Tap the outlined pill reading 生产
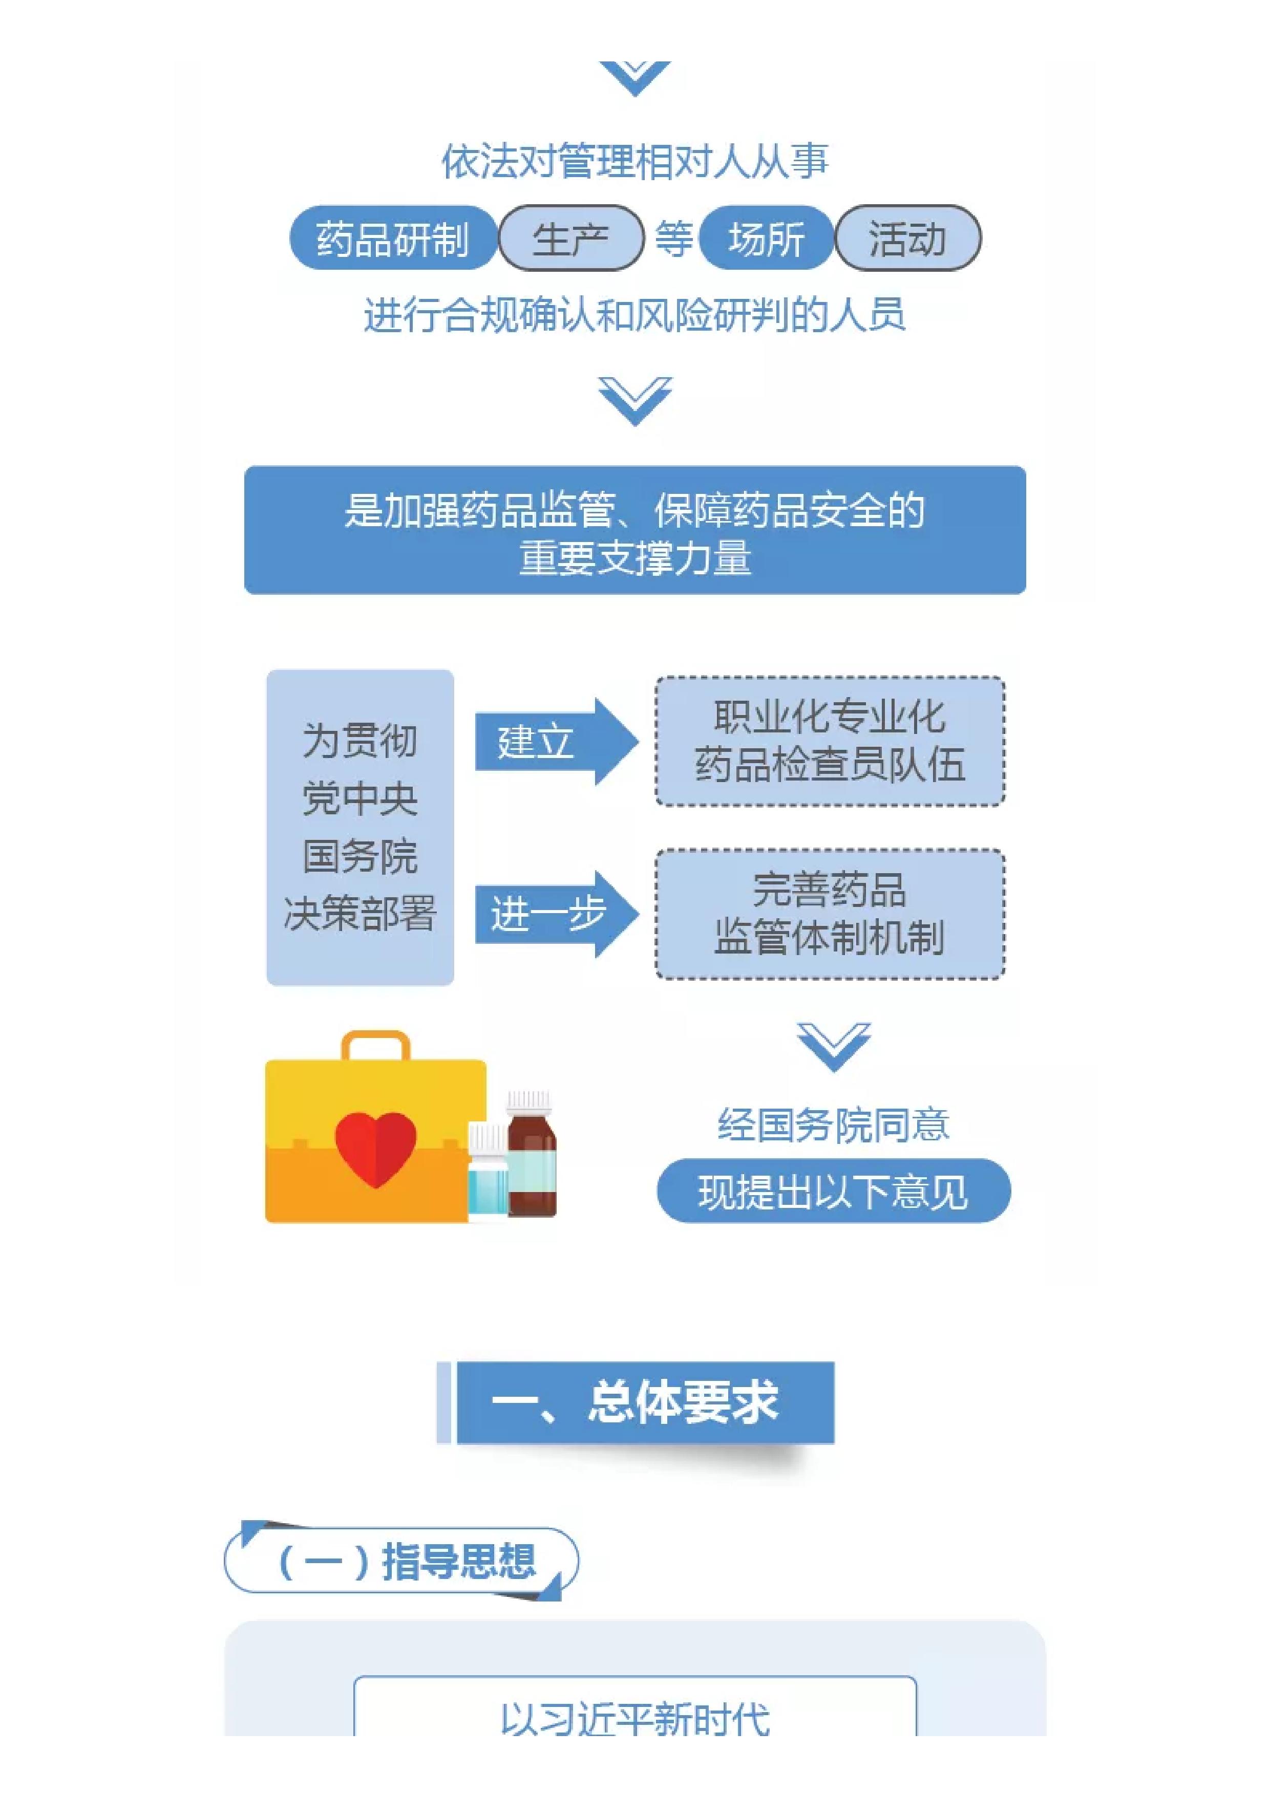pos(570,238)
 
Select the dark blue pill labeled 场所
pos(766,238)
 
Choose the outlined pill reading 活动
pos(908,238)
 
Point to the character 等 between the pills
pos(672,239)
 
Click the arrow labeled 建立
pos(556,741)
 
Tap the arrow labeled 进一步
pos(556,914)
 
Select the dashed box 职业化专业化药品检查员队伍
pos(830,741)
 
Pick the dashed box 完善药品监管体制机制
pos(830,914)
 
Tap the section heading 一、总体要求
pos(636,1402)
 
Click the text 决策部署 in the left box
pos(360,913)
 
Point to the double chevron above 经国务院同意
pos(833,1047)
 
